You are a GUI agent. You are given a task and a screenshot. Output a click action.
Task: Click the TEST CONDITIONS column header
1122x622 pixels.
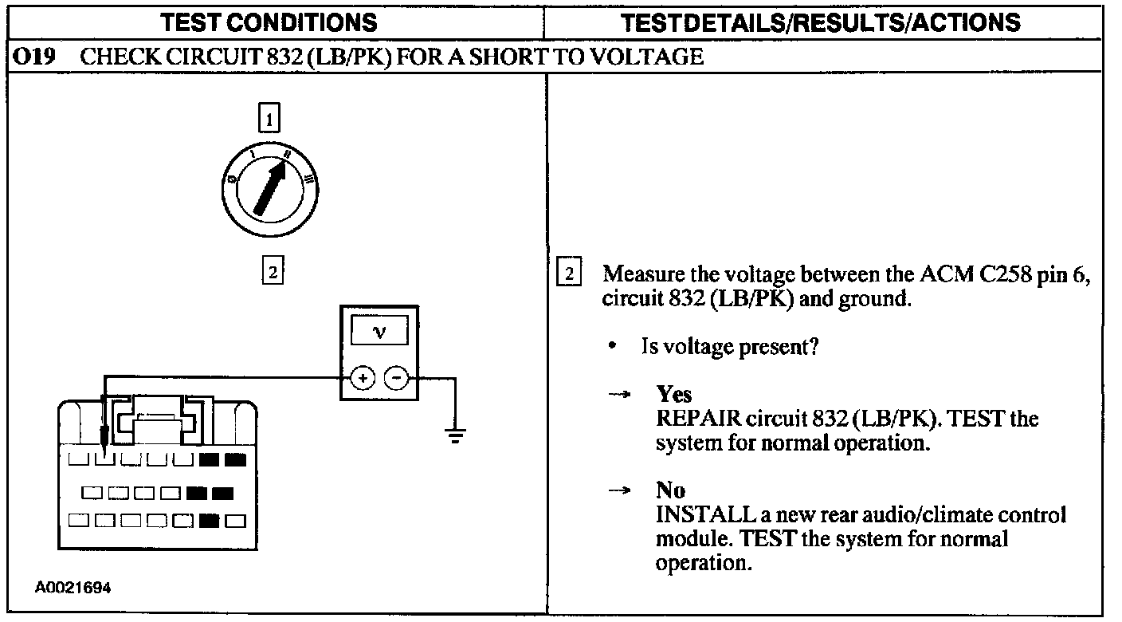pyautogui.click(x=269, y=22)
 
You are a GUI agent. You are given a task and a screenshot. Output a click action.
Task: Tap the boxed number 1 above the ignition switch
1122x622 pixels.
pyautogui.click(x=271, y=120)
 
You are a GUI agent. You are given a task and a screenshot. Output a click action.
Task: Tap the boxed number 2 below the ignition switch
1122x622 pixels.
pyautogui.click(x=271, y=271)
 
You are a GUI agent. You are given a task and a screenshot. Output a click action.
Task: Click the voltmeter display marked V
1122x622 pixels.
pyautogui.click(x=379, y=332)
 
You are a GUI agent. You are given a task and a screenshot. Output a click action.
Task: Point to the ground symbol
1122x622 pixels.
pyautogui.click(x=455, y=435)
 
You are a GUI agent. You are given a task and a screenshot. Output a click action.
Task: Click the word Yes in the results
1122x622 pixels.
pyautogui.click(x=673, y=394)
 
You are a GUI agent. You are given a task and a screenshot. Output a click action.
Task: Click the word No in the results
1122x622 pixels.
pyautogui.click(x=670, y=490)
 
